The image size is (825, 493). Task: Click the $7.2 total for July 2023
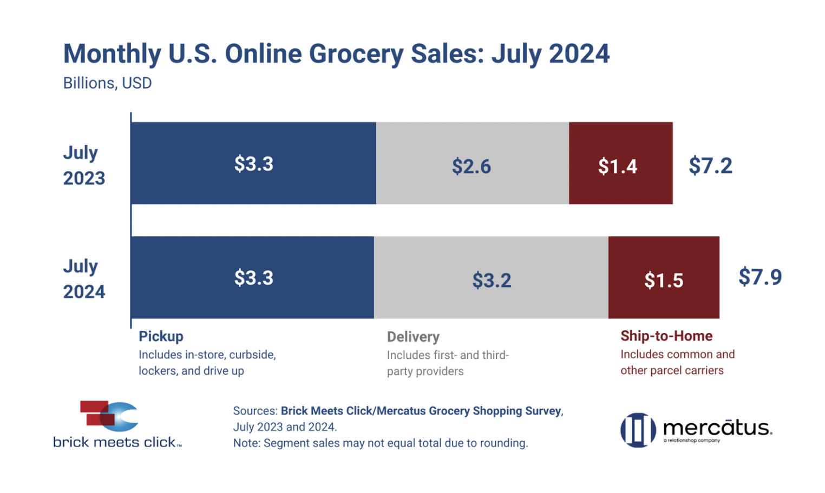click(710, 165)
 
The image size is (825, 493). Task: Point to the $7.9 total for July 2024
click(760, 277)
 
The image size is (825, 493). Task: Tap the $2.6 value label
click(472, 166)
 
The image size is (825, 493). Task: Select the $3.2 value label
click(492, 280)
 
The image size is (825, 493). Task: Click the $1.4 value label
click(617, 166)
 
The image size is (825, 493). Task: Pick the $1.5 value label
click(664, 280)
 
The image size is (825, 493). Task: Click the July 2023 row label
click(84, 165)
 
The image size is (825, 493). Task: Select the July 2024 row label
click(84, 279)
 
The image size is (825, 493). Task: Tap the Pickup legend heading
click(161, 336)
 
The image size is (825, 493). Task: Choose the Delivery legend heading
click(413, 337)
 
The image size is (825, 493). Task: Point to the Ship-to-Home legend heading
click(666, 336)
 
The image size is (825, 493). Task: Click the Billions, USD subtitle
click(107, 83)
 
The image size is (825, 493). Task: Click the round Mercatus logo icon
click(638, 430)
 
